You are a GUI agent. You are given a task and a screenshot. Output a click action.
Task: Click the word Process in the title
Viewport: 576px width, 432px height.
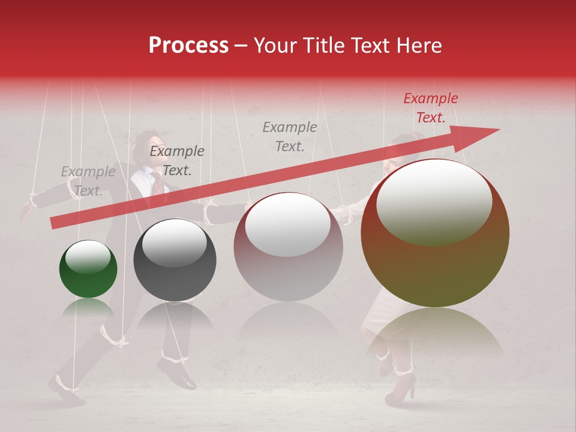click(x=188, y=46)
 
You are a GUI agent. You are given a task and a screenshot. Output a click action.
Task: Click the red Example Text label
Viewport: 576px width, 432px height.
click(x=431, y=108)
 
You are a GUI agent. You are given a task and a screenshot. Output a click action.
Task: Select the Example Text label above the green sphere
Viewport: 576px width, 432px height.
click(x=88, y=181)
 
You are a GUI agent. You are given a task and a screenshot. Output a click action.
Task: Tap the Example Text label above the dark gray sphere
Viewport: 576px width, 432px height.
click(x=177, y=161)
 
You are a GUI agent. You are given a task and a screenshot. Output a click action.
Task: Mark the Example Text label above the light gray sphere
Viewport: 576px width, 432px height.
click(x=290, y=136)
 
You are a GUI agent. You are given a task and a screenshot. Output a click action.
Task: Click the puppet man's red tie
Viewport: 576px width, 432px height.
click(x=157, y=183)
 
